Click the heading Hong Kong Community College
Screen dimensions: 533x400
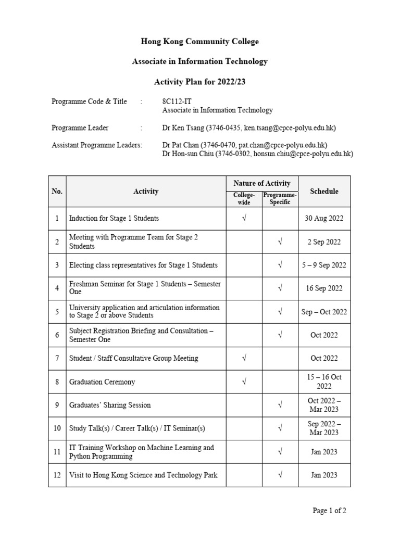pos(200,42)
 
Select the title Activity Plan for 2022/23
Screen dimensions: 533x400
pos(200,82)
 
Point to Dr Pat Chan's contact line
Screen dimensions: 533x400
pos(245,145)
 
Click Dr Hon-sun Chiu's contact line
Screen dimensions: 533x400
pos(258,154)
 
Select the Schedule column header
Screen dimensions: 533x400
pos(324,191)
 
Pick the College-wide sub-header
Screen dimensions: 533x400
pos(244,198)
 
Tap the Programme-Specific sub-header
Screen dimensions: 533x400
pos(280,198)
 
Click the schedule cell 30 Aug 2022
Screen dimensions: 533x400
pos(324,219)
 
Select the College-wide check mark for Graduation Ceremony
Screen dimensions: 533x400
pos(244,382)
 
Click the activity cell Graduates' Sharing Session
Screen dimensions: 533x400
pos(110,405)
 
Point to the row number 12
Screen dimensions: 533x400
pos(57,475)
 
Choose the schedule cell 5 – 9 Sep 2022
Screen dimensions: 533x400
pos(324,265)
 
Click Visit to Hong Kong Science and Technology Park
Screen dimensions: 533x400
pos(143,475)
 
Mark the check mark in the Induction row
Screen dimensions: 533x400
pos(244,219)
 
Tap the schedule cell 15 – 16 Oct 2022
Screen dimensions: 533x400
pos(324,382)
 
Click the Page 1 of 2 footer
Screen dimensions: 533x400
pos(329,511)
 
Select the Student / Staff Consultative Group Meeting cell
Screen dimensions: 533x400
pos(133,358)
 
